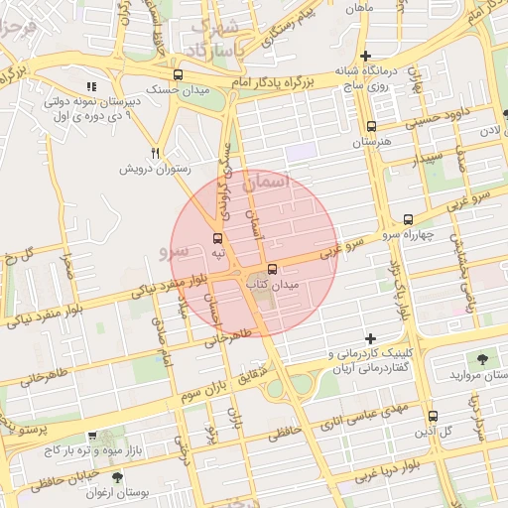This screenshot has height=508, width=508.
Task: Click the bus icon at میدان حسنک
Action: click(x=178, y=74)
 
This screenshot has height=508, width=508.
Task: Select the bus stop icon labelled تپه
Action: click(x=217, y=238)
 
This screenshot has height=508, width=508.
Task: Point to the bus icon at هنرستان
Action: click(x=371, y=126)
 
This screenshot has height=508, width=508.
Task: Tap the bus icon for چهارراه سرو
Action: click(x=408, y=218)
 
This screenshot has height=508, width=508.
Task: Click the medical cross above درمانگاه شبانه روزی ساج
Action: click(x=366, y=55)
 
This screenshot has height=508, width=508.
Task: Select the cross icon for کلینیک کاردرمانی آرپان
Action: click(x=370, y=338)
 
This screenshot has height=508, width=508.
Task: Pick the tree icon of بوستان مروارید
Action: click(x=482, y=359)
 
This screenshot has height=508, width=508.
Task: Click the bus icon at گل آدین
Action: click(x=432, y=416)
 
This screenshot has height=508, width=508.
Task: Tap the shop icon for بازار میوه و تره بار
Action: click(x=92, y=436)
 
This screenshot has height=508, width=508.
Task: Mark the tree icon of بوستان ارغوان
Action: click(x=117, y=477)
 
